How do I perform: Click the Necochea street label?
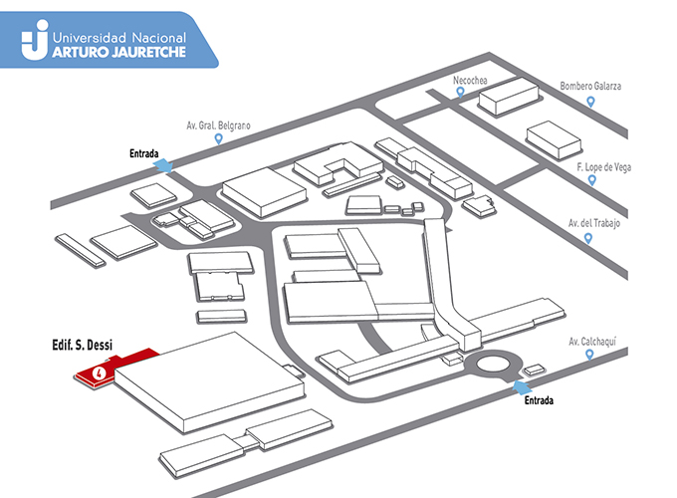coord(470,81)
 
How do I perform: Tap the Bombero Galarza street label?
coord(590,86)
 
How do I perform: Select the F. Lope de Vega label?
coord(603,167)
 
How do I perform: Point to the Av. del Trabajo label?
coord(594,223)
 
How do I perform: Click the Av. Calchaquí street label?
coord(592,342)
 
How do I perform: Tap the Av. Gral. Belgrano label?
coord(218,125)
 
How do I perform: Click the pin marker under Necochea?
coord(461,92)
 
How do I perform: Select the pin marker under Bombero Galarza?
coord(590,102)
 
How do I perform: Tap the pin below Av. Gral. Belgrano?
coord(218,138)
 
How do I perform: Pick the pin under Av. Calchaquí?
coord(589,355)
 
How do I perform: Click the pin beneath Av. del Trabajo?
coord(587,238)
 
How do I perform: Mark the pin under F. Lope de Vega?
coord(592,180)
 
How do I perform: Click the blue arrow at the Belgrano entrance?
coord(163,166)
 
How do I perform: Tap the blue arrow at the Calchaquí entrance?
coord(522,387)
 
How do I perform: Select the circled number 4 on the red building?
coord(100,373)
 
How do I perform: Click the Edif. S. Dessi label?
coord(82,345)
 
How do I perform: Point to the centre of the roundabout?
coord(493,365)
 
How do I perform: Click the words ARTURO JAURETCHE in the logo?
coord(118,52)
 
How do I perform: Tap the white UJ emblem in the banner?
coord(35,39)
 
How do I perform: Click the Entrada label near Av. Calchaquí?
coord(539,400)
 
